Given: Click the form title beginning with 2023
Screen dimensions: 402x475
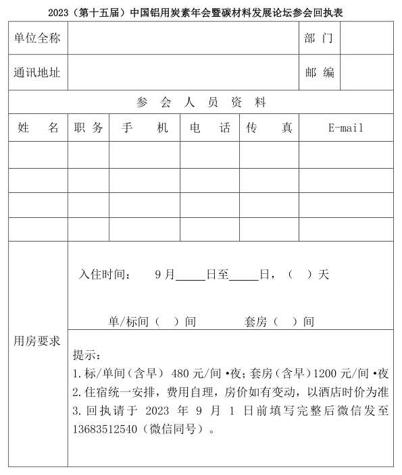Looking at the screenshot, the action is click(x=201, y=11).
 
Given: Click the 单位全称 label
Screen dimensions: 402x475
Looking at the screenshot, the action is click(x=37, y=38).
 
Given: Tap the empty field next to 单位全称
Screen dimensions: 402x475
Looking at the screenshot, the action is click(x=182, y=38).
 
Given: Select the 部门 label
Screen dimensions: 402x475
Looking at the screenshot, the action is click(x=319, y=38).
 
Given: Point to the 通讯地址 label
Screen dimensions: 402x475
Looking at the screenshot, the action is click(x=37, y=72).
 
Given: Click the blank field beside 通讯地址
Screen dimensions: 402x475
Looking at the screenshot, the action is click(x=182, y=72).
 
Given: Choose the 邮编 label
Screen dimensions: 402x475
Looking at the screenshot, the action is click(x=319, y=72).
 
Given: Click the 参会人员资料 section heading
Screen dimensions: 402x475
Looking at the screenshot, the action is click(x=201, y=103).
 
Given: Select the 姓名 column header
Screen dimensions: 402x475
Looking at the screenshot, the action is click(x=38, y=128).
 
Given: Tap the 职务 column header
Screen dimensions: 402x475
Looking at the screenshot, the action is click(x=89, y=128).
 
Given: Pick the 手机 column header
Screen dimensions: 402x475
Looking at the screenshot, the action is click(x=145, y=128).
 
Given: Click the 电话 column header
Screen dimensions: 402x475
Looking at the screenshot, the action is click(x=209, y=128).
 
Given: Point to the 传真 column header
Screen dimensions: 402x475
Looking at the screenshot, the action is click(x=269, y=128).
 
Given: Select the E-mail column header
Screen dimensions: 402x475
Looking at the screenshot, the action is click(x=345, y=128).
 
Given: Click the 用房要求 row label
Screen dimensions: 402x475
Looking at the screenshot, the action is click(x=37, y=341).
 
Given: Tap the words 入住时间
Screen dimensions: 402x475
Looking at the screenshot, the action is click(x=103, y=275).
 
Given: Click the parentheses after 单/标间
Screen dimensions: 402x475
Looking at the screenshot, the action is click(x=167, y=322).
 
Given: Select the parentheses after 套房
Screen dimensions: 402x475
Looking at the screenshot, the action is click(x=285, y=322).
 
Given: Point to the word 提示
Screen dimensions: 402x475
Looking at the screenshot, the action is click(x=86, y=356).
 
